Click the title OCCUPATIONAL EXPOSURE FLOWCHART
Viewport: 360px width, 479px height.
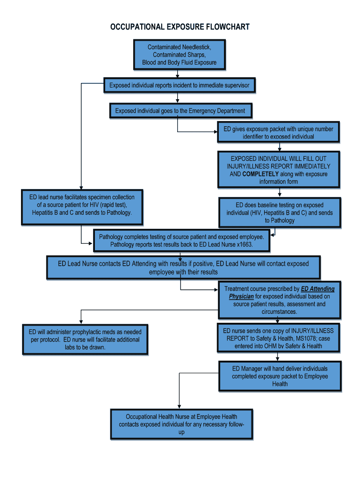[180, 27]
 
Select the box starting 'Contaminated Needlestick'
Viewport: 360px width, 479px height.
[179, 55]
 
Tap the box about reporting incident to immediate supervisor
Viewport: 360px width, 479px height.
[179, 86]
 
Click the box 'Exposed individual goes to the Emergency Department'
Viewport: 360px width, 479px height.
[180, 111]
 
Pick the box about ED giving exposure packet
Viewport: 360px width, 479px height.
[278, 132]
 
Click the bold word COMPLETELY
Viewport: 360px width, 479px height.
[260, 174]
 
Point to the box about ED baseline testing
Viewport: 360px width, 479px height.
[280, 212]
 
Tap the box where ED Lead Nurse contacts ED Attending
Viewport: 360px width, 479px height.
[183, 268]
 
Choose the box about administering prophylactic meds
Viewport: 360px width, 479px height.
[85, 340]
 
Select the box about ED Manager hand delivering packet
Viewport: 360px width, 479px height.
[280, 376]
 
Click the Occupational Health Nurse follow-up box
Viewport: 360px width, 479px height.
[181, 424]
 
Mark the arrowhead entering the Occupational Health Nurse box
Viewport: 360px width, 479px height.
[179, 406]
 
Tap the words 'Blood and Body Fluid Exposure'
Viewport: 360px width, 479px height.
[179, 63]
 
